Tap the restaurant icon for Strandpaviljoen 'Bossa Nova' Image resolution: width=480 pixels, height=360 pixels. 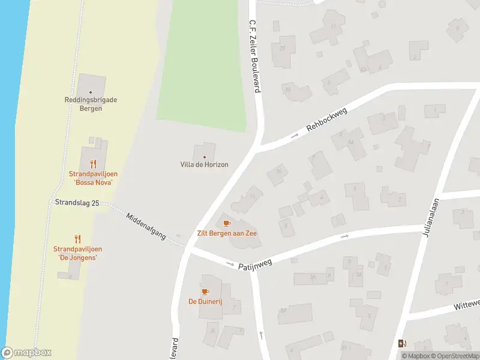pos(92,163)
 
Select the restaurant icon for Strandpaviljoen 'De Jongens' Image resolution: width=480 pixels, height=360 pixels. pos(77,238)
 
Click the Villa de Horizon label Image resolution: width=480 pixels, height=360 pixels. pos(205,164)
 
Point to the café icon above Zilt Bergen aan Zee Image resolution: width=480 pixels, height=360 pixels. pos(227,223)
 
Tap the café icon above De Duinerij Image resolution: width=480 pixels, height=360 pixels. pos(205,292)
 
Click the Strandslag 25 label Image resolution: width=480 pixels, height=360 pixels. pos(77,203)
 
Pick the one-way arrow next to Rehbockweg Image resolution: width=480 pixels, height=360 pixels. pos(295,136)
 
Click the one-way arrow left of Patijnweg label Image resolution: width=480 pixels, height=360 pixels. pos(230,264)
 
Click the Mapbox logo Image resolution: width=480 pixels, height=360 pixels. pos(26,353)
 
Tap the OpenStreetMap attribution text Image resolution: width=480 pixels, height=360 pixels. pos(454,356)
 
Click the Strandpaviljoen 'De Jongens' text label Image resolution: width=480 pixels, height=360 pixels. pos(77,253)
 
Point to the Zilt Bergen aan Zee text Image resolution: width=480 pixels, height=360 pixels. pos(227,233)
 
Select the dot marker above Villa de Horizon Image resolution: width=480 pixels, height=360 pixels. pos(205,157)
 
